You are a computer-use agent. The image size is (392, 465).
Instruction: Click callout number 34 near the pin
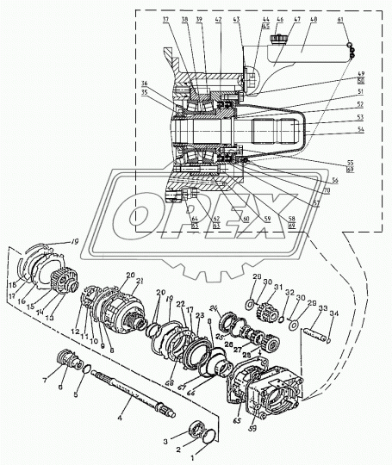(x=336, y=313)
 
